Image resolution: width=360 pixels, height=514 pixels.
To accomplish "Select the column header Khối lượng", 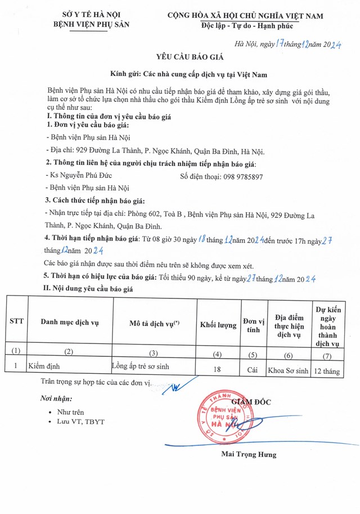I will [219, 325].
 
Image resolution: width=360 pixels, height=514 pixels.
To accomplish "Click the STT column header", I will [16, 321].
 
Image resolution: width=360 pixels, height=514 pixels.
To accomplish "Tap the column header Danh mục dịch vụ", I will [70, 321].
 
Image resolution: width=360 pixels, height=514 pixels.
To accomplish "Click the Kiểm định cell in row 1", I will [44, 366].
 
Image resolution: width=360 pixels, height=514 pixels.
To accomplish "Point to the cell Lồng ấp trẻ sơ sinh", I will [141, 366].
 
